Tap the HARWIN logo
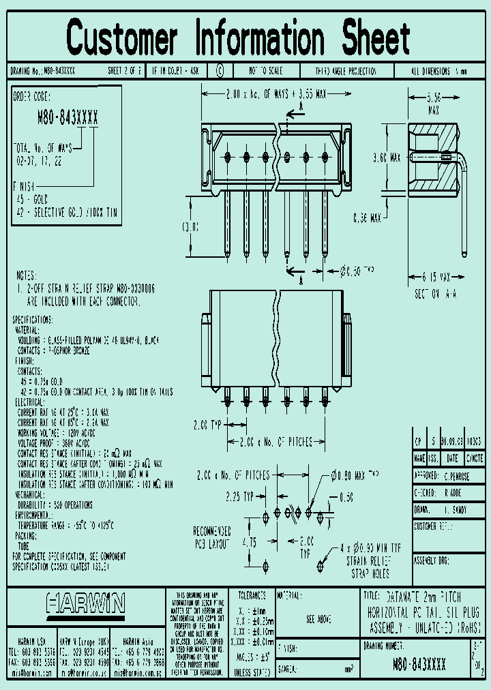[x=86, y=603]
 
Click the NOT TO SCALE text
[x=266, y=71]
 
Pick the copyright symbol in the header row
[x=220, y=71]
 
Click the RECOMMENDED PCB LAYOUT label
[x=212, y=536]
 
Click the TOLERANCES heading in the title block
[x=252, y=595]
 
